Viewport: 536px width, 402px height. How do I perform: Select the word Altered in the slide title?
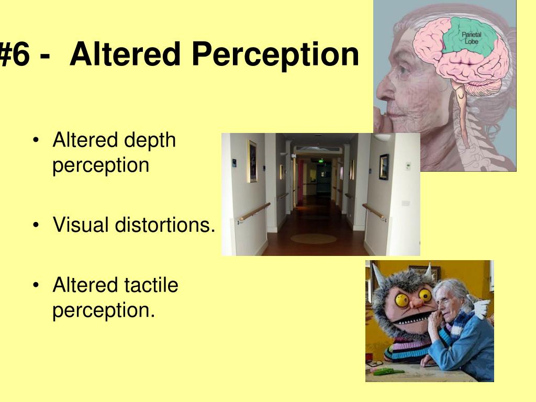point(126,54)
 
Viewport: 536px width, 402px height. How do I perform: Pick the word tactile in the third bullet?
point(152,285)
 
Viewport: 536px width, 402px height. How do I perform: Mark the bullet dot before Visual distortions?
point(36,226)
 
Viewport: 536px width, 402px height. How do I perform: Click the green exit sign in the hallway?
point(316,160)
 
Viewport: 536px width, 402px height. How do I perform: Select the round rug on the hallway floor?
point(313,239)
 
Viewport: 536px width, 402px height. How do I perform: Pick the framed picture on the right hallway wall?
point(384,166)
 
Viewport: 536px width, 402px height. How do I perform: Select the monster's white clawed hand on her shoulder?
point(482,306)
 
